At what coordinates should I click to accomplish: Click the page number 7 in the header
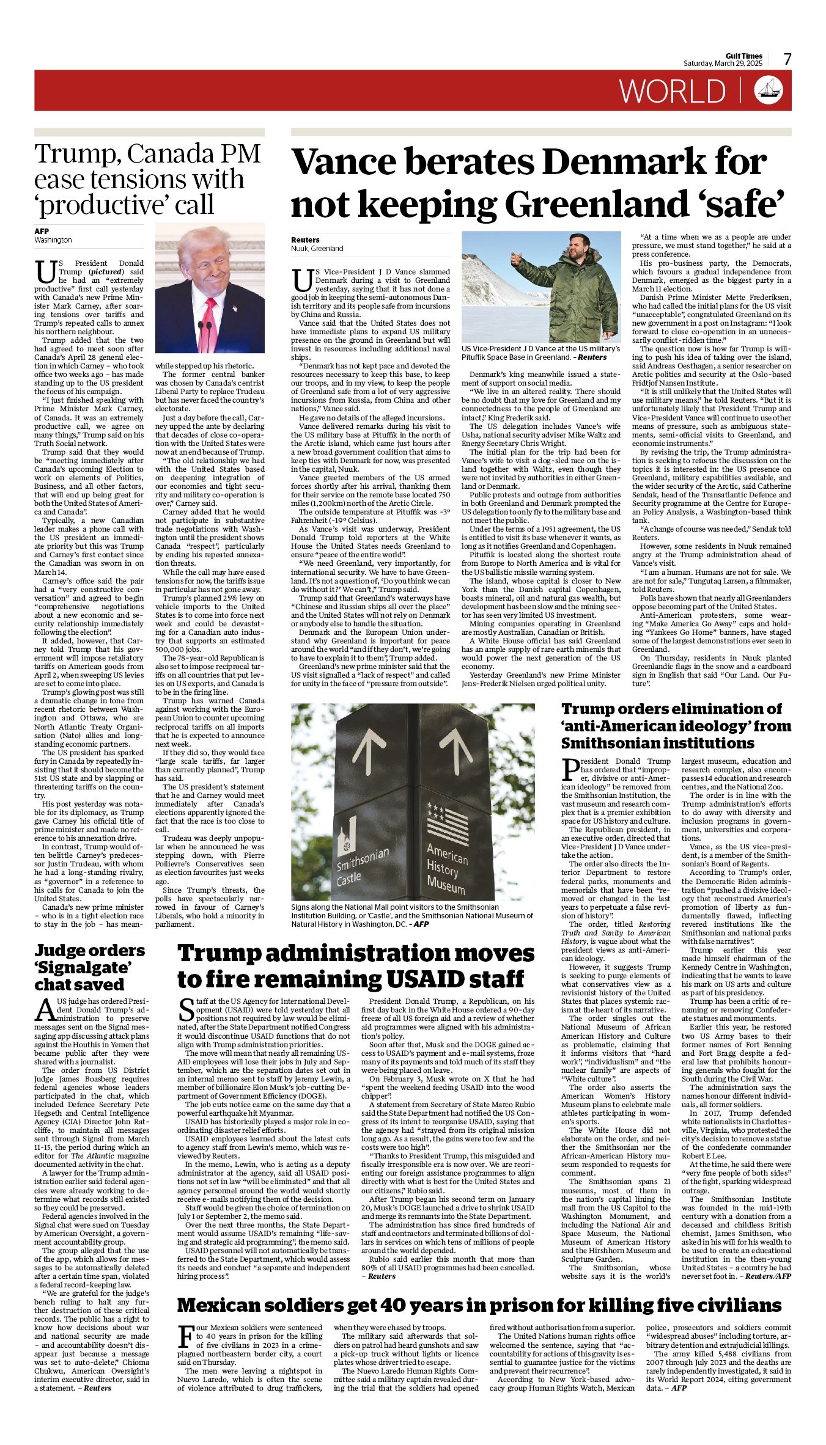tap(787, 59)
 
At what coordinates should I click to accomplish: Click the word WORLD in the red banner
tap(672, 91)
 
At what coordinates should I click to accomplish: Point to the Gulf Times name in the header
tap(744, 56)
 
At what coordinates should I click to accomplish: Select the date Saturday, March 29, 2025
tap(723, 64)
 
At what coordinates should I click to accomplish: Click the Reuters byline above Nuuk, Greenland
tap(305, 240)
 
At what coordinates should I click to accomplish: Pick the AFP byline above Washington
tap(42, 232)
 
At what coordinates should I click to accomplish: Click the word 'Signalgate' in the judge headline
tap(83, 968)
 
